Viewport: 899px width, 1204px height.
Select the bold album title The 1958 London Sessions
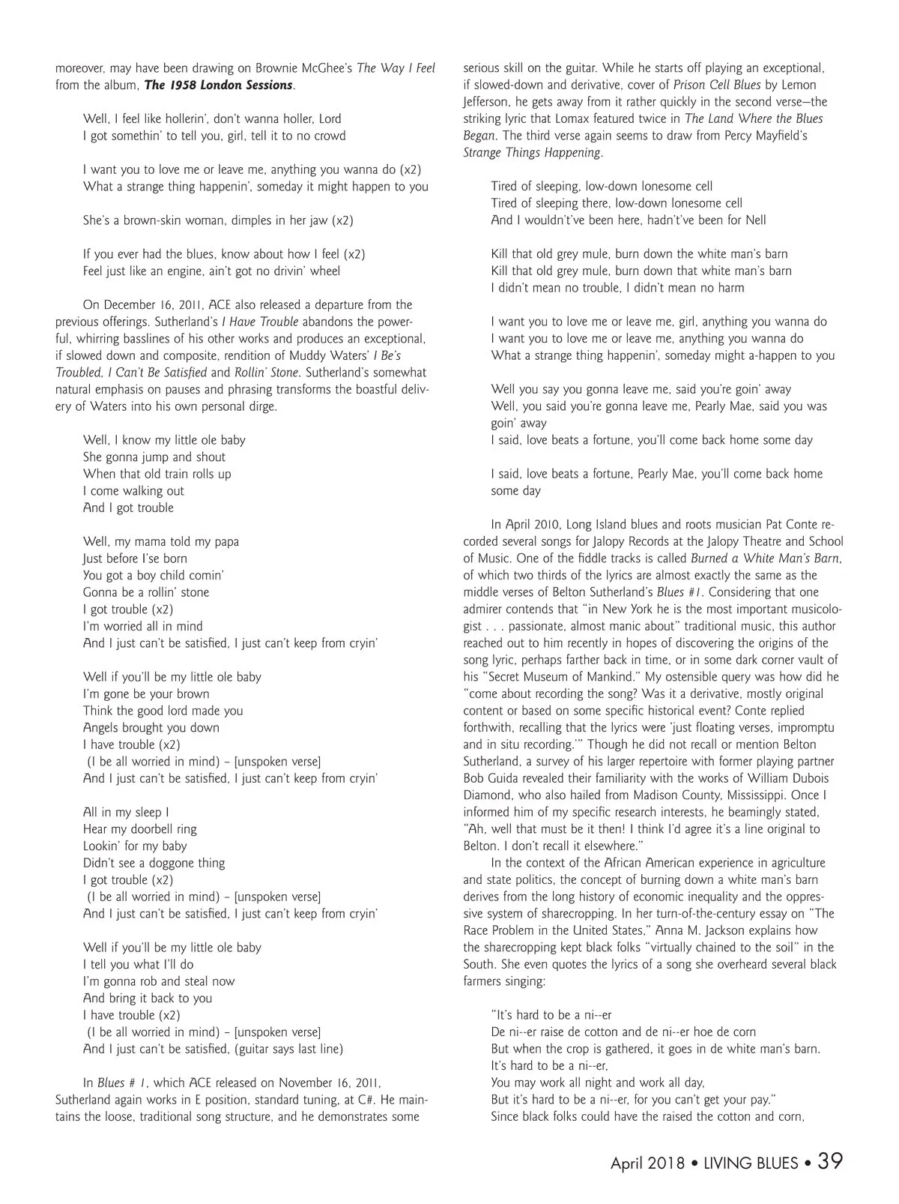tap(218, 85)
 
